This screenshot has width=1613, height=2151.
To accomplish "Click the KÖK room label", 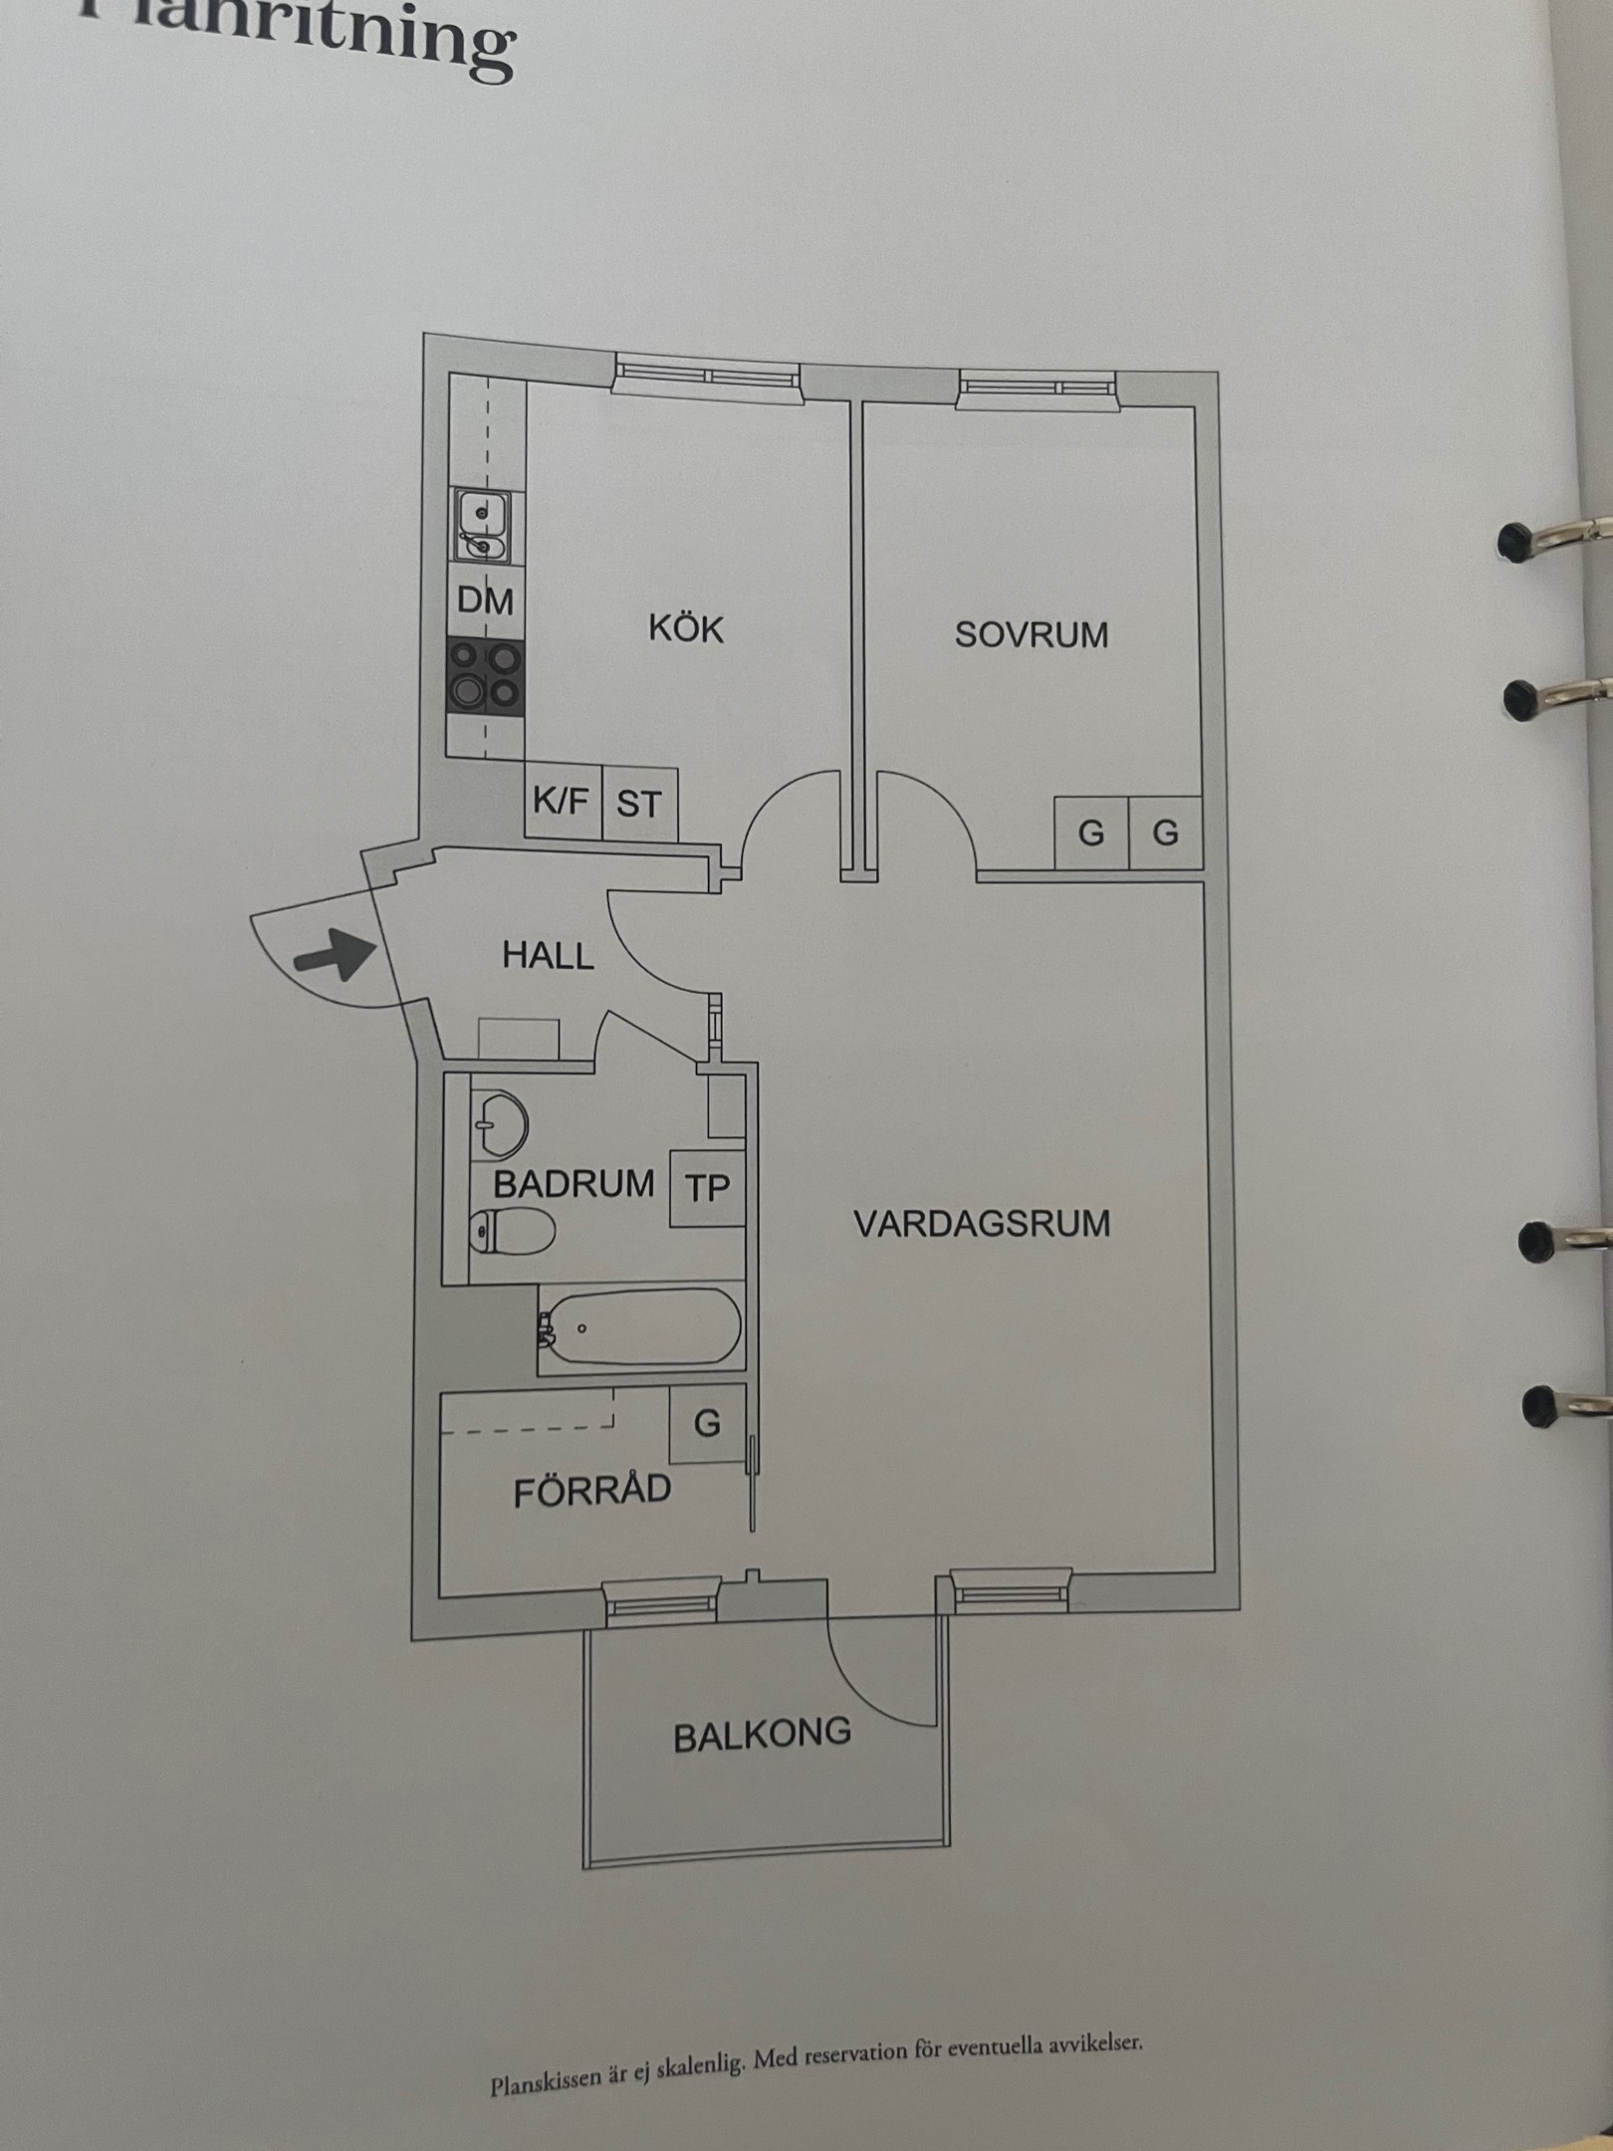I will coord(686,629).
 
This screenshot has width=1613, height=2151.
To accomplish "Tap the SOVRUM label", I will coord(1031,634).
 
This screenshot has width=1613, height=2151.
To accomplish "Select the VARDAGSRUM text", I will coord(982,1223).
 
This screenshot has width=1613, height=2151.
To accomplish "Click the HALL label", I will coord(548,956).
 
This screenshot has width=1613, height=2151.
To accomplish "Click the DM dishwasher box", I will coord(485,600).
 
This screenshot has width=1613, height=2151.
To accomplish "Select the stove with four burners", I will coord(485,675).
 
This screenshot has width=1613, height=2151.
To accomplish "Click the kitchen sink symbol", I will coord(482,527).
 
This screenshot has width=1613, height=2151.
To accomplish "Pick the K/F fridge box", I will coord(562,802).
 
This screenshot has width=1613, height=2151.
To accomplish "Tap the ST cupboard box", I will coord(638,803).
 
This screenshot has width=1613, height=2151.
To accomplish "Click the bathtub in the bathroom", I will coord(641,1327).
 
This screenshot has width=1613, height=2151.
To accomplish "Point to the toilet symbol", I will coord(512,1232).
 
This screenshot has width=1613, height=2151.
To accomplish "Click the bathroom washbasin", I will coord(497,1124).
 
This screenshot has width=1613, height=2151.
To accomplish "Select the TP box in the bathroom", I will coord(707,1188).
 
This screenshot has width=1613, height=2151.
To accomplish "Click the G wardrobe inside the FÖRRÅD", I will coord(707,1424).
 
